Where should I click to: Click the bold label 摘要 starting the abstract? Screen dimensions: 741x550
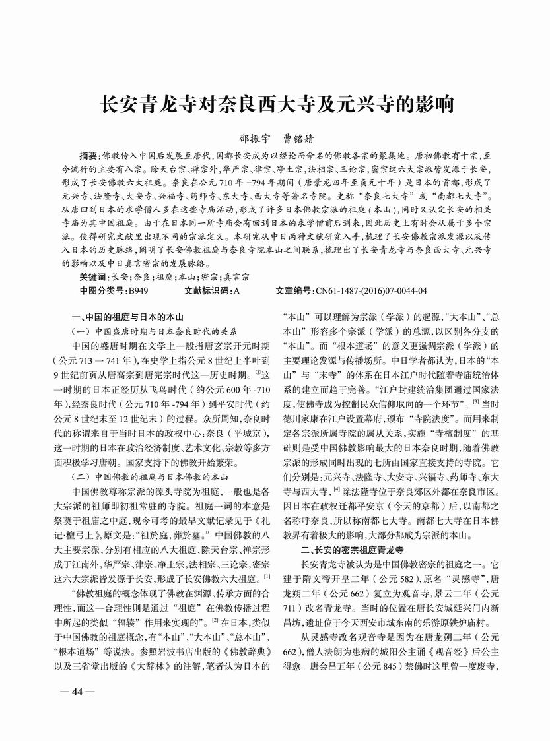coord(91,156)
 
